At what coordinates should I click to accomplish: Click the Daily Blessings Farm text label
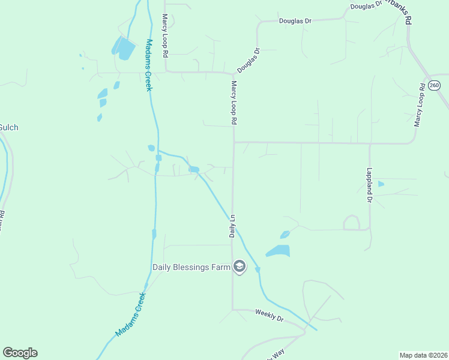click(x=191, y=267)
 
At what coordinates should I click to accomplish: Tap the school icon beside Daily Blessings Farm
click(x=240, y=266)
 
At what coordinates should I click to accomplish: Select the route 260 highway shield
click(x=435, y=86)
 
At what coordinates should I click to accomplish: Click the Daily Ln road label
click(x=232, y=226)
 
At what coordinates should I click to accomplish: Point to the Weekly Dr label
click(x=269, y=314)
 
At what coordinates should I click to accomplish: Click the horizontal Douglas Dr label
click(x=295, y=21)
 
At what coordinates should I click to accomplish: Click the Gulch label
click(x=8, y=127)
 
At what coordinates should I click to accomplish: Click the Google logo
click(x=20, y=353)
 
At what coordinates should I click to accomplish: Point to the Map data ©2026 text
click(x=423, y=355)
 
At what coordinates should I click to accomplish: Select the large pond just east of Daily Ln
click(x=278, y=251)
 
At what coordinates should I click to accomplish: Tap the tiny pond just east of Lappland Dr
click(x=381, y=184)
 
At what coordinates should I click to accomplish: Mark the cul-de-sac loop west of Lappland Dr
click(x=351, y=223)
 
